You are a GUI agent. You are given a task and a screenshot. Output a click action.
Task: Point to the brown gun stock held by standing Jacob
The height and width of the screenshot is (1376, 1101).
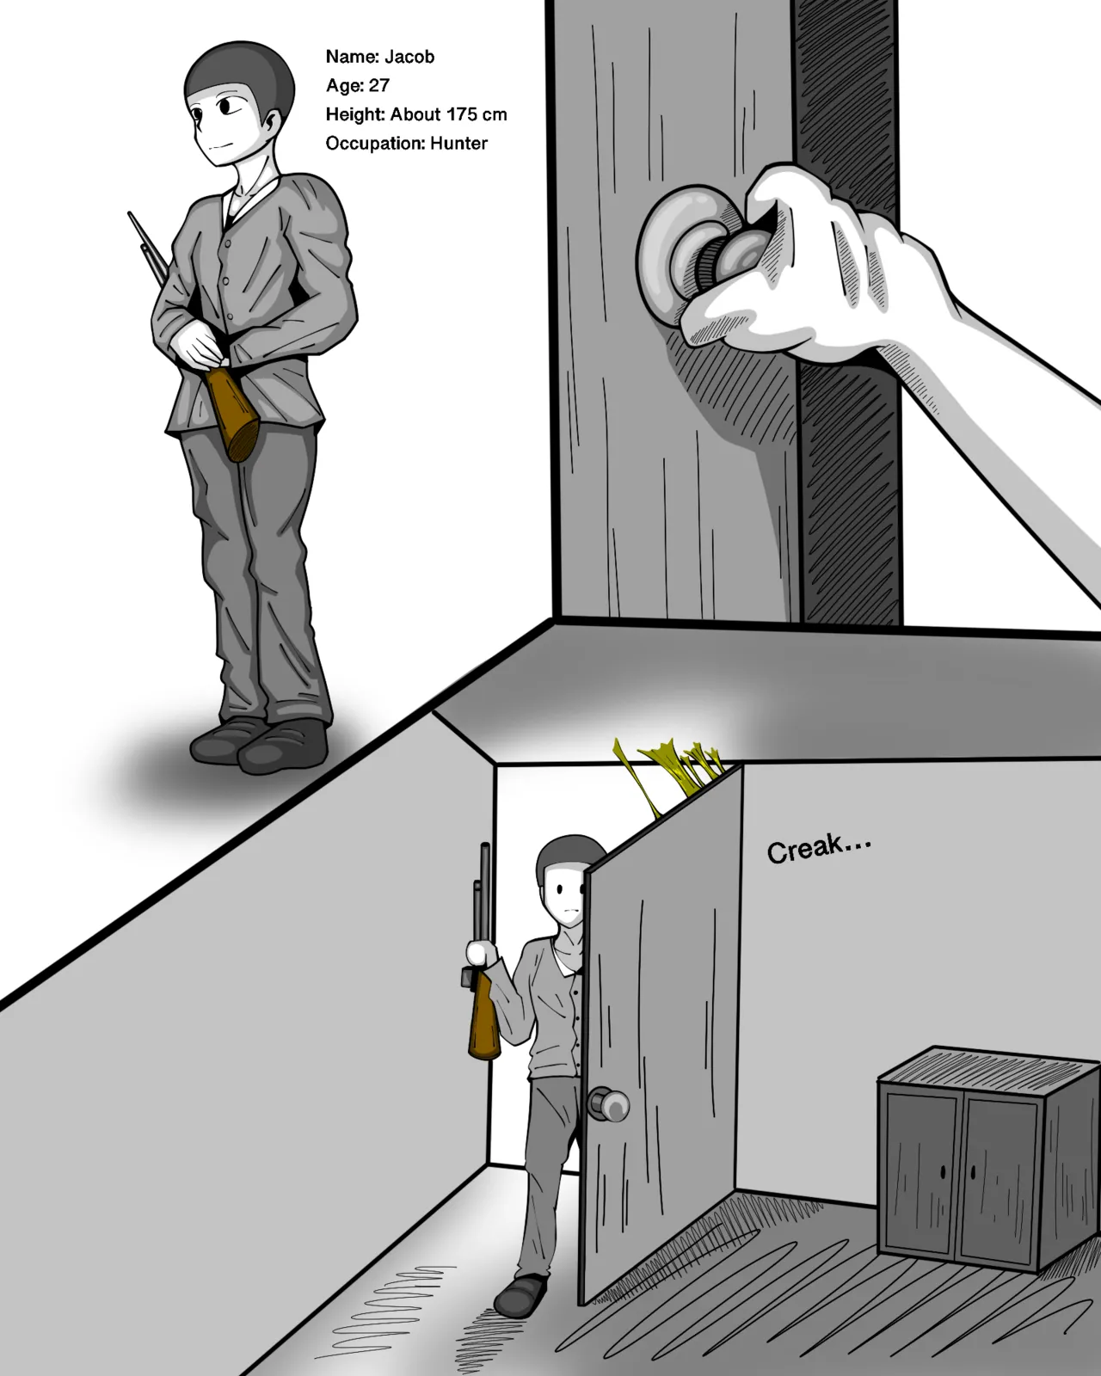click(x=234, y=413)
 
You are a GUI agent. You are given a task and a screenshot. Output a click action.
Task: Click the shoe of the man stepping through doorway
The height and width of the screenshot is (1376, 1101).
click(x=520, y=1294)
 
